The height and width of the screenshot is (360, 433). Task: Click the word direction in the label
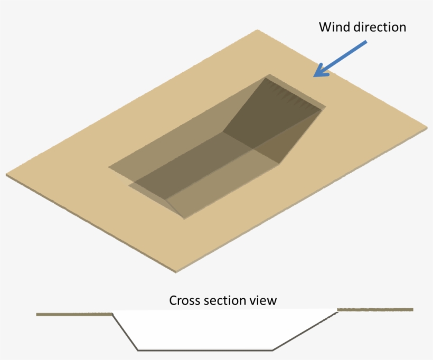380,27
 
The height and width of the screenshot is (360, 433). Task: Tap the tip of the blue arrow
315,76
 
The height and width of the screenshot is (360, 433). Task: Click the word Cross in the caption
185,300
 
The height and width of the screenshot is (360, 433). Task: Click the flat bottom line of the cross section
205,350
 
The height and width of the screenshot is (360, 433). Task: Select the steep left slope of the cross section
126,333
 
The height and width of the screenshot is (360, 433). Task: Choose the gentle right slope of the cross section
305,331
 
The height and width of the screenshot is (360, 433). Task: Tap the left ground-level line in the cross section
74,315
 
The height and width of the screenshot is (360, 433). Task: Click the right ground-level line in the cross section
375,309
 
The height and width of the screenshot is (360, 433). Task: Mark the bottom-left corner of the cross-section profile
138,350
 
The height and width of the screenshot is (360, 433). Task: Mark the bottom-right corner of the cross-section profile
272,350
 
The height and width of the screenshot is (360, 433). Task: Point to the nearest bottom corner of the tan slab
176,271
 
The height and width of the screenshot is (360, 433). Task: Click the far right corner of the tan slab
426,127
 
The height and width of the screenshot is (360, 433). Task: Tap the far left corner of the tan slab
7,174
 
